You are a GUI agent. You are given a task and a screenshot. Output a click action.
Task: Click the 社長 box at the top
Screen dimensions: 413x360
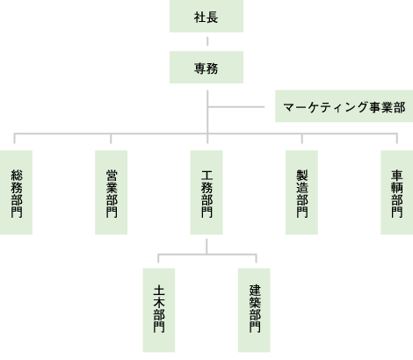pyautogui.click(x=206, y=16)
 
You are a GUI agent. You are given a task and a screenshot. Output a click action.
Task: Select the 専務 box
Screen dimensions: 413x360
pyautogui.click(x=206, y=68)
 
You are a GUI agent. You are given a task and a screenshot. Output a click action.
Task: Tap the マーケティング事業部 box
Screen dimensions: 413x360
pyautogui.click(x=344, y=106)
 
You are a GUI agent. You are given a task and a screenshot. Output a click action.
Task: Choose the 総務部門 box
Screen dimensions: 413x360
pyautogui.click(x=16, y=192)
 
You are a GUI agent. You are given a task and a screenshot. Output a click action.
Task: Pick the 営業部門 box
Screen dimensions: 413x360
pyautogui.click(x=111, y=192)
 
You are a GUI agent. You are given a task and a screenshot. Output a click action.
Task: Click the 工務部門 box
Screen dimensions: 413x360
pyautogui.click(x=206, y=192)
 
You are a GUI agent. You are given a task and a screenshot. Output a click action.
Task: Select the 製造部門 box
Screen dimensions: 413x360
pyautogui.click(x=301, y=192)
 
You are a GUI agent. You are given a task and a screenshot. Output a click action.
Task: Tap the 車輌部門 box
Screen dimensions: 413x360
pyautogui.click(x=397, y=192)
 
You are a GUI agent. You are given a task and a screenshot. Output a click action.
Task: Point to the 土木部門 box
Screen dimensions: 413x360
pyautogui.click(x=159, y=310)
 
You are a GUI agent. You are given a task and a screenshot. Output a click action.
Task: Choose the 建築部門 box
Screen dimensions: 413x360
pyautogui.click(x=254, y=310)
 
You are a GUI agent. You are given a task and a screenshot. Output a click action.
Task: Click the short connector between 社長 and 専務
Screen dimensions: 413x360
pyautogui.click(x=207, y=41)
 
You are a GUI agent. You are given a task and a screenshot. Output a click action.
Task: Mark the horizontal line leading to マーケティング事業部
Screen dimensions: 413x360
pyautogui.click(x=236, y=107)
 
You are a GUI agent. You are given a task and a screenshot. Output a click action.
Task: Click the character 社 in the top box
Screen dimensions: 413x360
pyautogui.click(x=199, y=18)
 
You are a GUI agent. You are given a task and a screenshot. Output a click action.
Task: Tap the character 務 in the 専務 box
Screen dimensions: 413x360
pyautogui.click(x=213, y=68)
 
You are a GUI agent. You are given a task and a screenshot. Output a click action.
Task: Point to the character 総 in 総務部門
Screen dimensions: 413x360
pyautogui.click(x=17, y=175)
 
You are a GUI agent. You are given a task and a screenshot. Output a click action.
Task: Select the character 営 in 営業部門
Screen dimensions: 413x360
pyautogui.click(x=112, y=175)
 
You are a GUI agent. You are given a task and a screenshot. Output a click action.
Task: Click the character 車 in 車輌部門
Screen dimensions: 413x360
pyautogui.click(x=397, y=175)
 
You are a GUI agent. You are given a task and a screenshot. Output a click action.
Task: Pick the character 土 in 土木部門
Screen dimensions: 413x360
pyautogui.click(x=159, y=291)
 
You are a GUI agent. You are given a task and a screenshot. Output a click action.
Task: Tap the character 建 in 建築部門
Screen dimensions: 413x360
pyautogui.click(x=255, y=291)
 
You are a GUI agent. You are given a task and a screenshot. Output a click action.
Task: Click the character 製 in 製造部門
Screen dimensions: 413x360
pyautogui.click(x=302, y=175)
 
